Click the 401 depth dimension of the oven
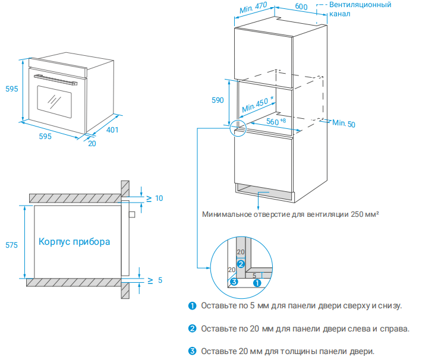click(112, 130)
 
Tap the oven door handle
click(57, 79)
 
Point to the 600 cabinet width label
click(301, 7)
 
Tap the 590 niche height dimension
click(218, 100)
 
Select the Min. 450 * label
click(257, 105)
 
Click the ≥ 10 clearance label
click(155, 198)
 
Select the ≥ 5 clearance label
click(155, 279)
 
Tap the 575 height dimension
click(11, 245)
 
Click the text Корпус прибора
click(74, 242)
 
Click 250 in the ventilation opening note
click(358, 214)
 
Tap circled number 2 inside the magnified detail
click(240, 263)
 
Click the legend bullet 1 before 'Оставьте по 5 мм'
click(192, 306)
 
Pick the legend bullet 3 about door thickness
click(192, 351)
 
